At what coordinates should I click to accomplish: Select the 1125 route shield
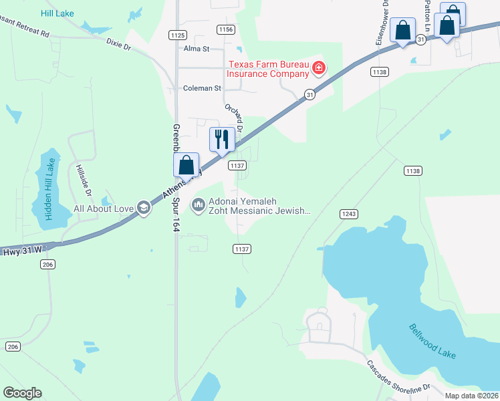(x=178, y=35)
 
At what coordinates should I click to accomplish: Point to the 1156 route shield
(x=226, y=29)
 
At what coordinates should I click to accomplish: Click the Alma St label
(x=197, y=49)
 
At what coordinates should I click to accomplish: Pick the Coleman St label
(x=202, y=88)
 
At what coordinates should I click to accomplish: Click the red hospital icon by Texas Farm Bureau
(x=319, y=67)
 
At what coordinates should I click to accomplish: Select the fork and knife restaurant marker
(x=222, y=139)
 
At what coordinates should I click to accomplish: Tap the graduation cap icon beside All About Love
(x=142, y=209)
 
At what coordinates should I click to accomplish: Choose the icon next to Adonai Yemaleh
(x=198, y=205)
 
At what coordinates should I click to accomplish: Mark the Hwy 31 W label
(x=21, y=249)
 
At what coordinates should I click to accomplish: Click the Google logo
(x=22, y=393)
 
